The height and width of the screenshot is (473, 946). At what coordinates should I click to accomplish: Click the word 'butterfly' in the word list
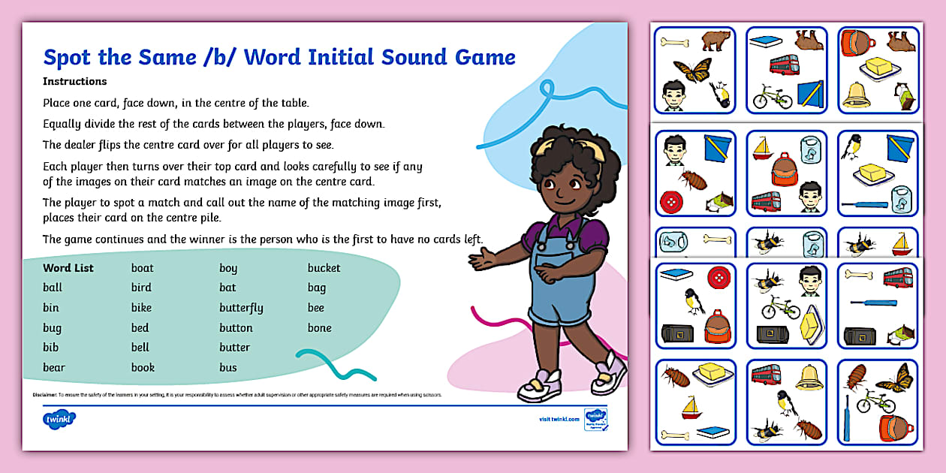[241, 308]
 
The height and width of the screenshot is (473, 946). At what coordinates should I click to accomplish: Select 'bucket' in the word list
[324, 268]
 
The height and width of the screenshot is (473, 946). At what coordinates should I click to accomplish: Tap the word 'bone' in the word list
[319, 328]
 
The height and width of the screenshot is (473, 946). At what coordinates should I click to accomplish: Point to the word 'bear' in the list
[54, 368]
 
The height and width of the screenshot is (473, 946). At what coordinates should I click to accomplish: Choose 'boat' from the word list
[143, 268]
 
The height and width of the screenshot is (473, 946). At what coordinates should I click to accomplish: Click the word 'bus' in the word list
[228, 368]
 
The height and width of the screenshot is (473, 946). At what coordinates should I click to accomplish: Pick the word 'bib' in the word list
[51, 348]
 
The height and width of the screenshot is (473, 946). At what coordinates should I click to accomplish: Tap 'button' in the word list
[236, 328]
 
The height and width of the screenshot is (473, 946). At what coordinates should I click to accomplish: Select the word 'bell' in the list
[140, 348]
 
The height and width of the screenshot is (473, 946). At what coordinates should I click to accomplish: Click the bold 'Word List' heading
[68, 268]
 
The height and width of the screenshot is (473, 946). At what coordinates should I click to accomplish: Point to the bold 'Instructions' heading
[75, 82]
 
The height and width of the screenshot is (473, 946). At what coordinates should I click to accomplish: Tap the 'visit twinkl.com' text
[559, 419]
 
